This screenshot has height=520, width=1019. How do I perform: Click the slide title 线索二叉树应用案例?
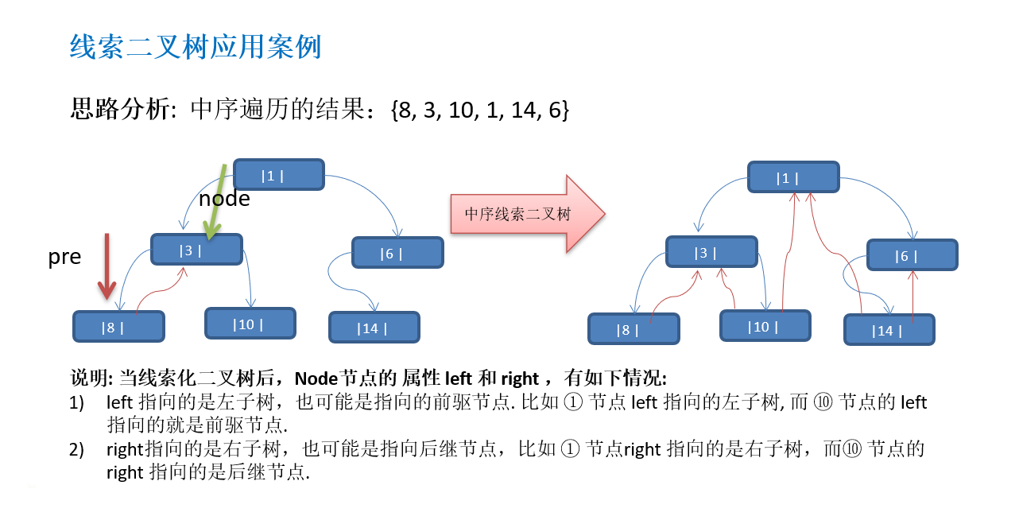coord(196,47)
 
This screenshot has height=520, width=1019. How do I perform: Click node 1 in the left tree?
coord(278,175)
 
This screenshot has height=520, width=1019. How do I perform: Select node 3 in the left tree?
coord(196,250)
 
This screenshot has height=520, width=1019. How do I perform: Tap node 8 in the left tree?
coord(118,327)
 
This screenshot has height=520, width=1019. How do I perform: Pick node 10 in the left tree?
coord(250,324)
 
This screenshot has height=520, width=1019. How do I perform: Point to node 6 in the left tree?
coord(397,253)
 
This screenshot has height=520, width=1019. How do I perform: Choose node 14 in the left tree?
coord(374,328)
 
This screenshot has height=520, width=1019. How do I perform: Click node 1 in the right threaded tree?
coord(792,177)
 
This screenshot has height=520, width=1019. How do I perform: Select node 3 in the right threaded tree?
coord(711,252)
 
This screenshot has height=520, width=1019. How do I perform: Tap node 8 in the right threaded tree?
coord(633,329)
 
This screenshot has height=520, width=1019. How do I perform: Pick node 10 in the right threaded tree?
coord(765,326)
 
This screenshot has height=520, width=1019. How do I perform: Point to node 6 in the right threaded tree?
coord(912,255)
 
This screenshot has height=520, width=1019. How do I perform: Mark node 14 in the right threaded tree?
coord(889,330)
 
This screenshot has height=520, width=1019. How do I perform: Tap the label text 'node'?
coord(224,199)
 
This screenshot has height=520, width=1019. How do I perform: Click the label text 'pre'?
coord(64,257)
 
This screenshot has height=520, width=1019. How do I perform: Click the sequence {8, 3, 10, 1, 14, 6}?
coord(480,110)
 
